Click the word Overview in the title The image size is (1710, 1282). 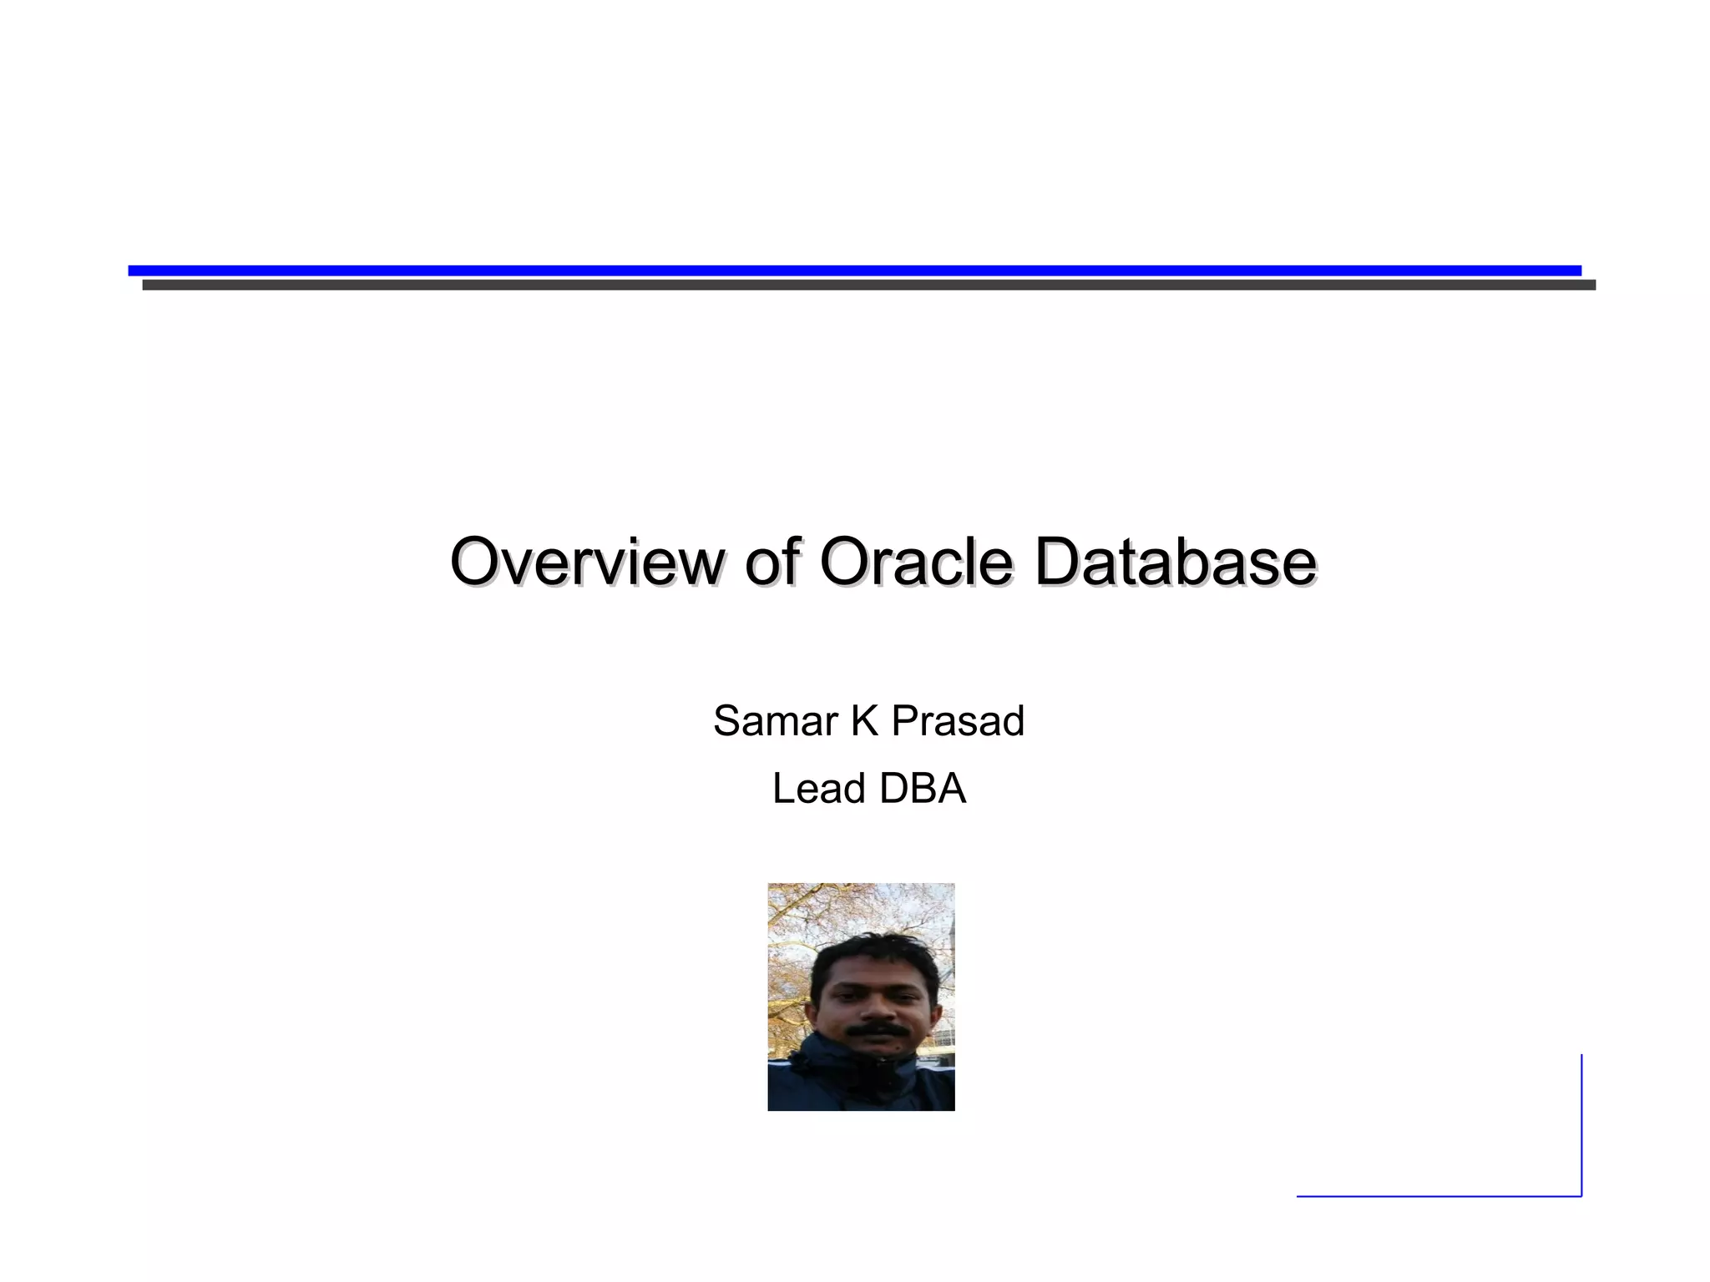pyautogui.click(x=586, y=562)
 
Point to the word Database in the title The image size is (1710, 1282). pyautogui.click(x=1175, y=562)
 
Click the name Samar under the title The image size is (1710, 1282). pyautogui.click(x=775, y=721)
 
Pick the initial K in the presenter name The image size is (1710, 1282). pyautogui.click(x=864, y=721)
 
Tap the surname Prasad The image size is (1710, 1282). pyautogui.click(x=958, y=721)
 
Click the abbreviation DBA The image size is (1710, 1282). pyautogui.click(x=922, y=789)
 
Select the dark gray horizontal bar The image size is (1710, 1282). pyautogui.click(x=868, y=285)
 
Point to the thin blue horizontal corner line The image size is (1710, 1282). pyautogui.click(x=1436, y=1196)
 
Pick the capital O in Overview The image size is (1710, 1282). pyautogui.click(x=473, y=562)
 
